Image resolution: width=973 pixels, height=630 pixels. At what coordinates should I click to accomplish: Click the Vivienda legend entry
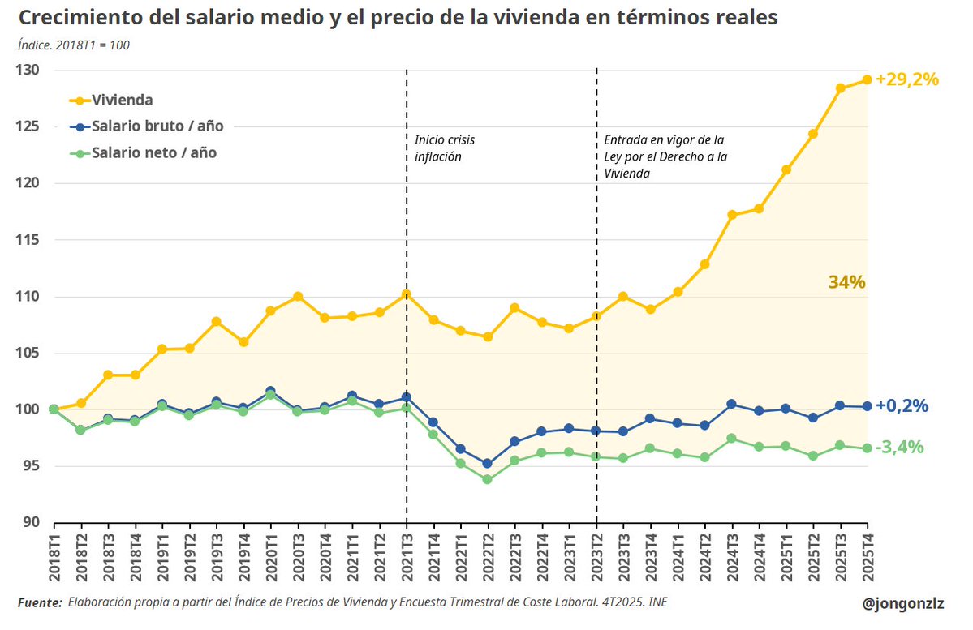point(122,101)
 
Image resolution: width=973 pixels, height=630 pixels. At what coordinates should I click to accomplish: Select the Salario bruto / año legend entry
point(157,126)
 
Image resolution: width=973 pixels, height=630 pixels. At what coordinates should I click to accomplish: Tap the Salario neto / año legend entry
point(153,152)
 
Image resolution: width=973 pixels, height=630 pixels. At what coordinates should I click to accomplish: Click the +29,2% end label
point(906,79)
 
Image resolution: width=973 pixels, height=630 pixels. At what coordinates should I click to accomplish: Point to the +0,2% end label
point(901,406)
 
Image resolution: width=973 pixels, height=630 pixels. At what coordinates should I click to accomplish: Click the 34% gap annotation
point(846,282)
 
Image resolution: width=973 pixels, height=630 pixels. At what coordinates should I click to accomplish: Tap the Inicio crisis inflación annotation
point(444,148)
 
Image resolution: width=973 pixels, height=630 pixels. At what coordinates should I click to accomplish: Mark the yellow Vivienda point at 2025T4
point(867,79)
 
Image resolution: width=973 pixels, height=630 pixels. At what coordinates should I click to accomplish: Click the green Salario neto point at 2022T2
point(488,479)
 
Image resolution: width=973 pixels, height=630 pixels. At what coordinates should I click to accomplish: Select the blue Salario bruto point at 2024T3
point(731,404)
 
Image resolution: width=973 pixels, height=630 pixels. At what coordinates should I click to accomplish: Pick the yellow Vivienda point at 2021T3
point(407,294)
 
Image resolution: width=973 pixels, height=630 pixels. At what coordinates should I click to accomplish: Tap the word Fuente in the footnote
point(39,602)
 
